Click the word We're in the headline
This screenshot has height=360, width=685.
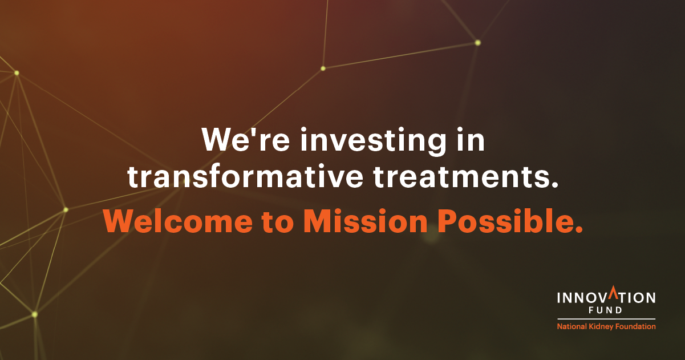(x=245, y=139)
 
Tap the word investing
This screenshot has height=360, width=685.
(x=373, y=141)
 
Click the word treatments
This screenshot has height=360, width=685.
(x=465, y=177)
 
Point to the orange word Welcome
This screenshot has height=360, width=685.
(x=178, y=221)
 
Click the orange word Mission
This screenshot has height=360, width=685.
(x=365, y=221)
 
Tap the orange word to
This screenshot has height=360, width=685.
(x=278, y=222)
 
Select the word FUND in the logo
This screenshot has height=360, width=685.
(x=606, y=310)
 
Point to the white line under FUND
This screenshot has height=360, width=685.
(x=606, y=319)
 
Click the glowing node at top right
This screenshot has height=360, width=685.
(x=477, y=43)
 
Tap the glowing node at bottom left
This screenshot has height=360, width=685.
(x=35, y=314)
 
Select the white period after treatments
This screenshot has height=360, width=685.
(x=554, y=184)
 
